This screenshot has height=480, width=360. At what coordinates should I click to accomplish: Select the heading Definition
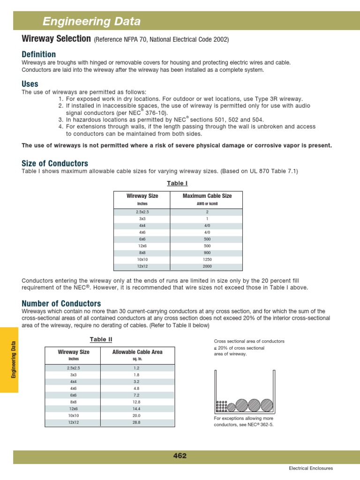coord(38,54)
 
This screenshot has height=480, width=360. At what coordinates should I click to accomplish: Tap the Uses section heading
coord(30,84)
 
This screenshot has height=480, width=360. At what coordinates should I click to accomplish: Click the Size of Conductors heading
coord(55,164)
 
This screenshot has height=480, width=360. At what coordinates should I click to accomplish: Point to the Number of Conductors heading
coord(61,303)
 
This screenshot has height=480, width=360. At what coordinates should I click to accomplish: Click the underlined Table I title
coord(178,183)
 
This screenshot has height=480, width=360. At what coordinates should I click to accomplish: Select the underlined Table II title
coord(101,339)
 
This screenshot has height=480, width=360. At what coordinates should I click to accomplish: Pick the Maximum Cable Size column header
coord(207,196)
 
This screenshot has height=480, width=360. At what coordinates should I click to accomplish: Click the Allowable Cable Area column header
coord(137,352)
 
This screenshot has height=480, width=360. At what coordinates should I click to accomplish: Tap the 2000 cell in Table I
coord(207,266)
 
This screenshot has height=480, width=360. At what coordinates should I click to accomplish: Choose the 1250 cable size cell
coord(207,259)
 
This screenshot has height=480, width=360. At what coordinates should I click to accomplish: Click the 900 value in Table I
coord(207,252)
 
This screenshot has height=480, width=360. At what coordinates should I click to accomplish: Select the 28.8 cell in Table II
coord(137,422)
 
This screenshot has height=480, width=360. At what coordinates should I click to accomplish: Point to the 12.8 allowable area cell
coord(137,402)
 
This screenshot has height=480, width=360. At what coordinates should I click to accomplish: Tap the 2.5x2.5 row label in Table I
coord(142,212)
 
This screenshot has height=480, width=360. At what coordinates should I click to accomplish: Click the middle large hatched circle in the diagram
coord(254,405)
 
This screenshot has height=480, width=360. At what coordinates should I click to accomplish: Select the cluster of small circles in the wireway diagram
coord(222,406)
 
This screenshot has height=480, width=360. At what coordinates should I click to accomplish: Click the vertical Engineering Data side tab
coord(14,360)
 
